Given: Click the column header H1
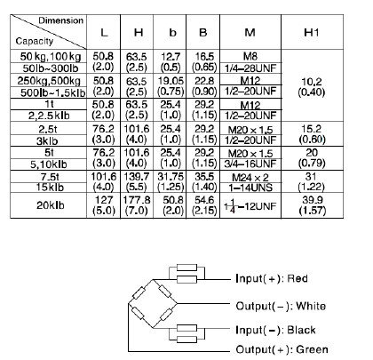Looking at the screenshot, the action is coord(312,32).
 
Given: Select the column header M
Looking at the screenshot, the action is coord(250,32).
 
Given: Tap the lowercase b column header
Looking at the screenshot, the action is coord(172,32).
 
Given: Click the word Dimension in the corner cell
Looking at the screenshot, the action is coord(61,20).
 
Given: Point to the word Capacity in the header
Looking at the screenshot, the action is coord(35,41).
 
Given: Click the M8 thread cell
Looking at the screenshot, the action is coord(250,56).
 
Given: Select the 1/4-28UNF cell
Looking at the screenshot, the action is coord(250,68).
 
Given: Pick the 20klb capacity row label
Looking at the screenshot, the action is coord(51,205).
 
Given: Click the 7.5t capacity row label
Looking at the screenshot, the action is coord(50,177).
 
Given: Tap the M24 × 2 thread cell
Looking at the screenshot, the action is coord(250,178).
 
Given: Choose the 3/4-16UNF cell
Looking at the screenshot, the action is coord(250,164).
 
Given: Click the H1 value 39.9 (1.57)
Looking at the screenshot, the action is coord(313,205).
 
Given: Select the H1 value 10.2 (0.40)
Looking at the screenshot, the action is coord(312,87).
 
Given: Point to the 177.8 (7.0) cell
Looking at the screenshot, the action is coord(137,205).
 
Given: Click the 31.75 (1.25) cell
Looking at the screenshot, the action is coord(171,181).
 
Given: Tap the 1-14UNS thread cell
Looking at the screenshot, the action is coord(250,188).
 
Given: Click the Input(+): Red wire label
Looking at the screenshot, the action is coord(272,278).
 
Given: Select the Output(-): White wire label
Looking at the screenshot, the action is coord(281,306).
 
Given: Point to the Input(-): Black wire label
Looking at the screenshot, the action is coord(275,330).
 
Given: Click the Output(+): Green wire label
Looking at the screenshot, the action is coord(282,349).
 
